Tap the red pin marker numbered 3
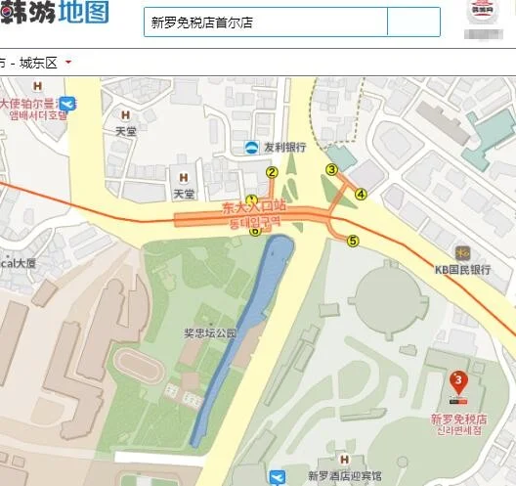[456, 380]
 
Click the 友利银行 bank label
[284, 148]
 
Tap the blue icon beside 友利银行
[252, 147]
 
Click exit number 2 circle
[272, 173]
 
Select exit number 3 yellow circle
[331, 169]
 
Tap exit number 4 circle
[362, 194]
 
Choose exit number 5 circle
[353, 241]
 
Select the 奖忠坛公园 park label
[211, 332]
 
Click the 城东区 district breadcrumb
[38, 63]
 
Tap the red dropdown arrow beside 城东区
[68, 63]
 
